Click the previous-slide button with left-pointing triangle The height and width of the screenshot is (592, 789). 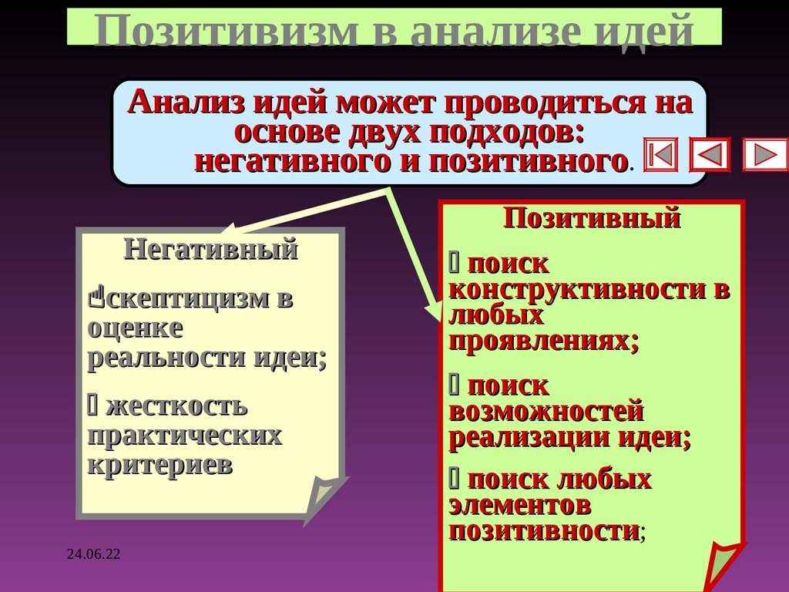pyautogui.click(x=709, y=154)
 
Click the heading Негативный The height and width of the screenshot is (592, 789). pyautogui.click(x=210, y=250)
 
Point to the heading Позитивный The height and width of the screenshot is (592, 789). pyautogui.click(x=592, y=218)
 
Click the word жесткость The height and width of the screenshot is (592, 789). pyautogui.click(x=176, y=405)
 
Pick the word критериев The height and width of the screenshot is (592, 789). pyautogui.click(x=159, y=465)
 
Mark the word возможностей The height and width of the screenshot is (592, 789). pyautogui.click(x=546, y=412)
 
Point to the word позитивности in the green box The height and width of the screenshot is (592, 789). pyautogui.click(x=544, y=531)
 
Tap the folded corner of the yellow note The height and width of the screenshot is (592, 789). pyautogui.click(x=324, y=497)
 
